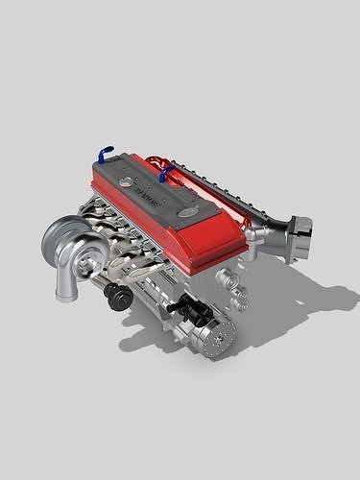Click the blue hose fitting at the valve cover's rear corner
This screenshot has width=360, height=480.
(104, 153)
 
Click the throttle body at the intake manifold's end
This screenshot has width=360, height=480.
(299, 229)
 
